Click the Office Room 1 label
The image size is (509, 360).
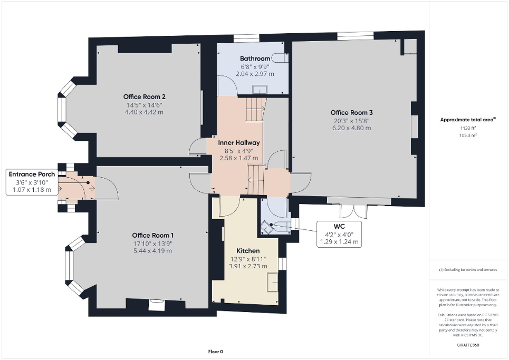click(153, 235)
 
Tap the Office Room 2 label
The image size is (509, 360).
click(145, 96)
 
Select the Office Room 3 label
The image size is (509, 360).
click(352, 112)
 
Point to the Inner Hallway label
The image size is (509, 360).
click(239, 142)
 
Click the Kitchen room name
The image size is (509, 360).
click(247, 251)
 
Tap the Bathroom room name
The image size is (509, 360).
click(255, 59)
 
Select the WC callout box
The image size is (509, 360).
click(339, 234)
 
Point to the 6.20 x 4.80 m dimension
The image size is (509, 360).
click(352, 128)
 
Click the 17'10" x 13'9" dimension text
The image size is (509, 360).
click(153, 243)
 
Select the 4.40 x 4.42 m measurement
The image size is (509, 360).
click(145, 112)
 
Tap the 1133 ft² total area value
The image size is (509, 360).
click(468, 128)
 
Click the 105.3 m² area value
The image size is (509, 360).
click(468, 135)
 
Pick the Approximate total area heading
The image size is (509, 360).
click(468, 120)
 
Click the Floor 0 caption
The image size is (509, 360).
click(215, 352)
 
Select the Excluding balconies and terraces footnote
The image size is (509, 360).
click(468, 270)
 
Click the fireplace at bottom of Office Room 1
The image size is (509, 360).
click(157, 305)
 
